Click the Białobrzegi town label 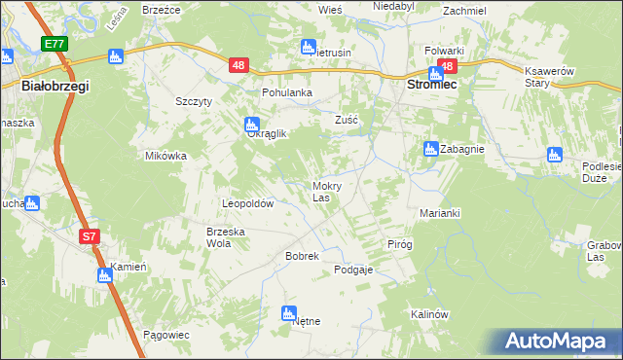55,87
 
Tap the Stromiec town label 431,85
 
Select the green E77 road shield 55,45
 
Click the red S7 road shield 89,235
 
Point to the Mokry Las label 325,191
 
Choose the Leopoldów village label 248,204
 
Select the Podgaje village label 353,270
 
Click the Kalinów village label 428,314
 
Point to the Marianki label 439,213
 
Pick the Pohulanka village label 286,92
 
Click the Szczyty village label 194,101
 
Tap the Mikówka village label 165,156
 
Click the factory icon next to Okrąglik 251,124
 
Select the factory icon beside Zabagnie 430,149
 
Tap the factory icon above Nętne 288,312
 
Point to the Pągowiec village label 165,334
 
